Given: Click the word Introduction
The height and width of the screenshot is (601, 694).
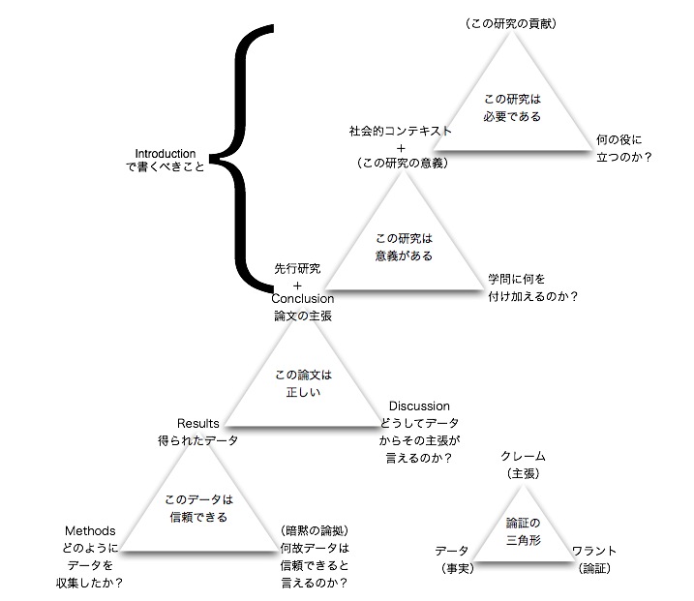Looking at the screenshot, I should tap(166, 153).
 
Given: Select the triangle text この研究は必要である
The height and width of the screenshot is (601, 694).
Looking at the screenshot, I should tap(511, 107).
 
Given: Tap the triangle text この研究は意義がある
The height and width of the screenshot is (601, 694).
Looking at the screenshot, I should tap(403, 248).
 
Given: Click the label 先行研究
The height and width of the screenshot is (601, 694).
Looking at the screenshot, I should tap(297, 268).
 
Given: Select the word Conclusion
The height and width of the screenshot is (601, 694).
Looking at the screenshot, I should tap(302, 299).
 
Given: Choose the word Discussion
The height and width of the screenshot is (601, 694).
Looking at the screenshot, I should tap(419, 406).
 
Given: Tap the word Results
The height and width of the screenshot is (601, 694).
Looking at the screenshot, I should tap(198, 423).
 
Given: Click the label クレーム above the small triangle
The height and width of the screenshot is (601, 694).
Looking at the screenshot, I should tap(523, 456).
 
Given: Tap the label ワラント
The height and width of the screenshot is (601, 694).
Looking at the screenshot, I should tap(594, 551).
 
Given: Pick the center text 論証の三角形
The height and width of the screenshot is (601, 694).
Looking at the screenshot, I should tap(523, 531).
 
